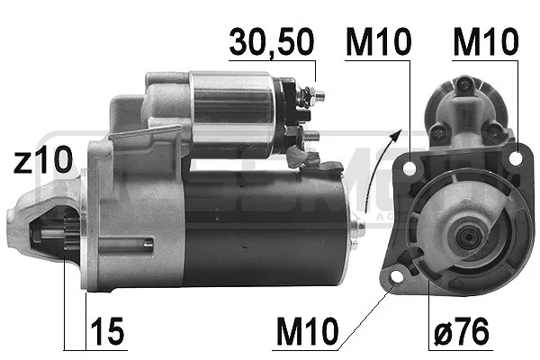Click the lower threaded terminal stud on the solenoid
[310, 137]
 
